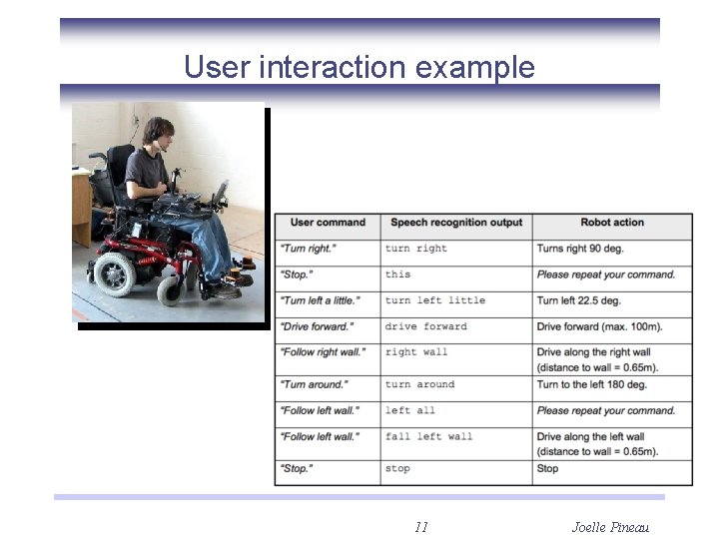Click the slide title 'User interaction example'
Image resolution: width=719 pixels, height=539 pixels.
pyautogui.click(x=359, y=68)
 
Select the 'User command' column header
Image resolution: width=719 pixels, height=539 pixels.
pyautogui.click(x=328, y=223)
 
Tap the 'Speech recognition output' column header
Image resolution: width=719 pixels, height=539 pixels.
pyautogui.click(x=456, y=223)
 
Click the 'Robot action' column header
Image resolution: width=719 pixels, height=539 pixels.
pyautogui.click(x=612, y=223)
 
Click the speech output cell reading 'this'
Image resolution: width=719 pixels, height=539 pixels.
pyautogui.click(x=397, y=274)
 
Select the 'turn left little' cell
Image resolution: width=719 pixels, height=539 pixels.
pyautogui.click(x=434, y=300)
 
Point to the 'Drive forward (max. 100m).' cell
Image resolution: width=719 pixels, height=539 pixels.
pyautogui.click(x=599, y=326)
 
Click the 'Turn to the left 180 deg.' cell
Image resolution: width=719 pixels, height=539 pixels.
pyautogui.click(x=591, y=384)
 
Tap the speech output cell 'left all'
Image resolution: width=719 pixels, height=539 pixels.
pyautogui.click(x=409, y=410)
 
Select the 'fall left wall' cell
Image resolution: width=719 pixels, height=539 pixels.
pyautogui.click(x=428, y=436)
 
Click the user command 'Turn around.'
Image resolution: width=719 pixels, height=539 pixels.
pyautogui.click(x=314, y=384)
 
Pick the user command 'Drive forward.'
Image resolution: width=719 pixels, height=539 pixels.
pyautogui.click(x=317, y=326)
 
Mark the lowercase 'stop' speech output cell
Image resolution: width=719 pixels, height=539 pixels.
pyautogui.click(x=397, y=468)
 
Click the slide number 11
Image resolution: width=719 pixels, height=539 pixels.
pyautogui.click(x=420, y=527)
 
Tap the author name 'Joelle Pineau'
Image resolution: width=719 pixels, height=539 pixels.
pyautogui.click(x=610, y=527)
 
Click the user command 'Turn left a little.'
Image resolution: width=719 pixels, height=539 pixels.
pyautogui.click(x=320, y=300)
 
